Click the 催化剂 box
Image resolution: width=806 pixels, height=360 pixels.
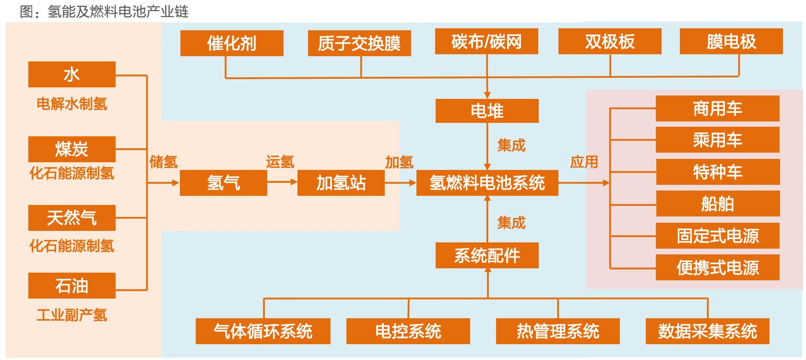click(x=232, y=43)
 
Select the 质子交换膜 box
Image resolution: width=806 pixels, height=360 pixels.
click(x=359, y=43)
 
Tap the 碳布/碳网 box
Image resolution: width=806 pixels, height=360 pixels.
click(x=486, y=42)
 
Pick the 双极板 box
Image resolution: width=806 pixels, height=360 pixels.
click(x=610, y=42)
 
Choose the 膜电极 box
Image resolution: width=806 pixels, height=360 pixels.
click(x=731, y=42)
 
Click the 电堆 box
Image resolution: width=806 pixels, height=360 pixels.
click(x=487, y=111)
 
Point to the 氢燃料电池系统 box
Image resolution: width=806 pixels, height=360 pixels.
click(x=487, y=183)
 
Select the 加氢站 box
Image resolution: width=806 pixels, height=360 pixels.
click(x=341, y=183)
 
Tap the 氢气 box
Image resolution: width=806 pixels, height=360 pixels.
click(x=223, y=183)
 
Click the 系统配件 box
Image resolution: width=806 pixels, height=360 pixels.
click(x=487, y=255)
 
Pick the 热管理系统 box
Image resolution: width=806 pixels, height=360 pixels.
click(x=557, y=331)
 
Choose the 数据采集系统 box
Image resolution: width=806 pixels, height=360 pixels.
click(x=707, y=331)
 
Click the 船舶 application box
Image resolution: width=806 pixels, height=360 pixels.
click(x=717, y=204)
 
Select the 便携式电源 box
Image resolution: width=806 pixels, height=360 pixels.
click(x=717, y=268)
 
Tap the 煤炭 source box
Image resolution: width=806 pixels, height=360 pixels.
click(x=72, y=149)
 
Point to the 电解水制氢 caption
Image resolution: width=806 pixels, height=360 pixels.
click(x=72, y=104)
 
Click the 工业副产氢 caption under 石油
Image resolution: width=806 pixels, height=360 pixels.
click(x=72, y=315)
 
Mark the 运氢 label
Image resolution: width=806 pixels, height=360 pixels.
click(x=280, y=162)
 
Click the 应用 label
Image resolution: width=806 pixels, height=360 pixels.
click(x=584, y=162)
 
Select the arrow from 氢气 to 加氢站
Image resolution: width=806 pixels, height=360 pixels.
click(x=282, y=182)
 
